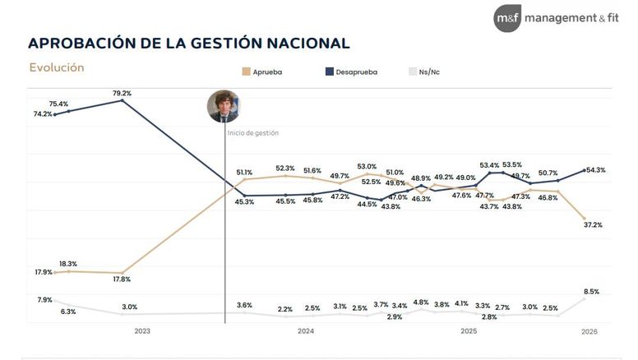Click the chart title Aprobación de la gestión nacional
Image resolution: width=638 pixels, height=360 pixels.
pyautogui.click(x=188, y=43)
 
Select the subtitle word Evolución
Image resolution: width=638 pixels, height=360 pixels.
pyautogui.click(x=57, y=67)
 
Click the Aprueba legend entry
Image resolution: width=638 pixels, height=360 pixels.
pyautogui.click(x=262, y=72)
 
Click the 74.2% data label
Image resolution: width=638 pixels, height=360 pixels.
pyautogui.click(x=44, y=114)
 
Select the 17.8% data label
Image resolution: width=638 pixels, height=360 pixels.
pyautogui.click(x=121, y=279)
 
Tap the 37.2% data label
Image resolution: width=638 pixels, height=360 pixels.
pyautogui.click(x=593, y=224)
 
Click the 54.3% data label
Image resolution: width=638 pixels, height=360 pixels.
pyautogui.click(x=595, y=170)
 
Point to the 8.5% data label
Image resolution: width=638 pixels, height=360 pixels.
pyautogui.click(x=590, y=291)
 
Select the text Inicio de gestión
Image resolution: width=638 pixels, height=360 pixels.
pyautogui.click(x=253, y=132)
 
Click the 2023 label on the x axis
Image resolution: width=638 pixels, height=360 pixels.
pyautogui.click(x=142, y=331)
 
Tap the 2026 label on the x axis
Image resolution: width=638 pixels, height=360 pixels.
pyautogui.click(x=589, y=331)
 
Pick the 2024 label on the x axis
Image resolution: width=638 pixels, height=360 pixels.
pyautogui.click(x=305, y=331)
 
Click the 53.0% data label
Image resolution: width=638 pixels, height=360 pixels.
pyautogui.click(x=367, y=166)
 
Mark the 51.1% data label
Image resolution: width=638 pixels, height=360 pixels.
pyautogui.click(x=244, y=173)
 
